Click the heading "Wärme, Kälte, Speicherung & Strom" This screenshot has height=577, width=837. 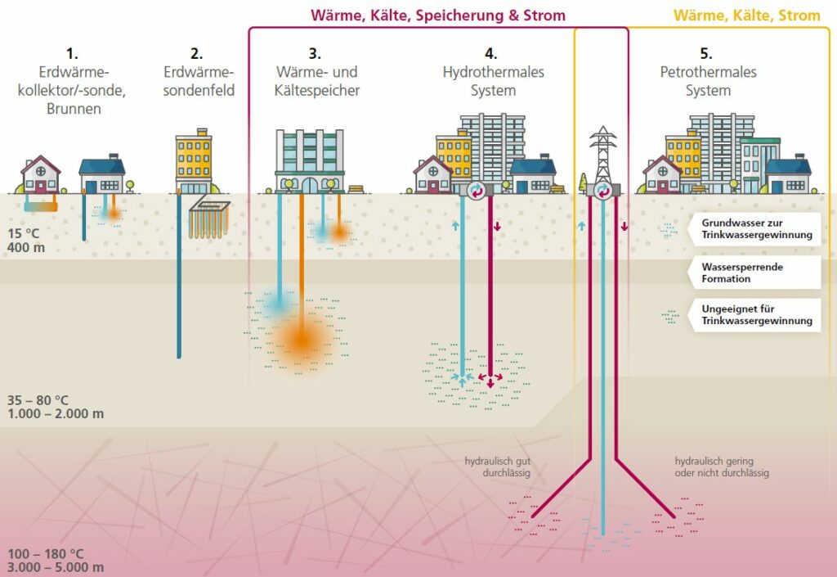click(437, 16)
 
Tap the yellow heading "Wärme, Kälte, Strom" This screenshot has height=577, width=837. click(746, 16)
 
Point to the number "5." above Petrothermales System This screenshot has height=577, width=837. click(706, 54)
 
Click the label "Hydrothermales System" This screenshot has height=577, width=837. click(493, 81)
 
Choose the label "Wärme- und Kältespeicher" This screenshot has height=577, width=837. click(315, 81)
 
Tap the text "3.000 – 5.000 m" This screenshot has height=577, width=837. click(56, 566)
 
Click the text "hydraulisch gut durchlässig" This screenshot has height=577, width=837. click(498, 467)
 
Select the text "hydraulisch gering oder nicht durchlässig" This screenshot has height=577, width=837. click(721, 467)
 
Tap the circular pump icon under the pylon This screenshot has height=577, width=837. click(603, 190)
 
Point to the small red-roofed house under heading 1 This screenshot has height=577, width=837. click(41, 174)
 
